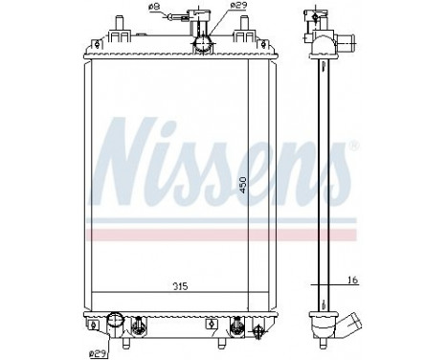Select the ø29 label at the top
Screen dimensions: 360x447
tap(223, 8)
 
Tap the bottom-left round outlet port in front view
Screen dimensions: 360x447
tap(117, 322)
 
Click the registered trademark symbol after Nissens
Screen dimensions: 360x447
tap(355, 146)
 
